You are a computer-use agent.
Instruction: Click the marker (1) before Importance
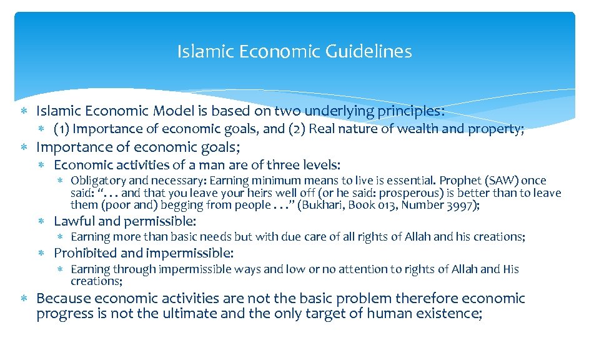click(x=61, y=129)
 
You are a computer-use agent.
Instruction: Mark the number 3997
click(x=462, y=205)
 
